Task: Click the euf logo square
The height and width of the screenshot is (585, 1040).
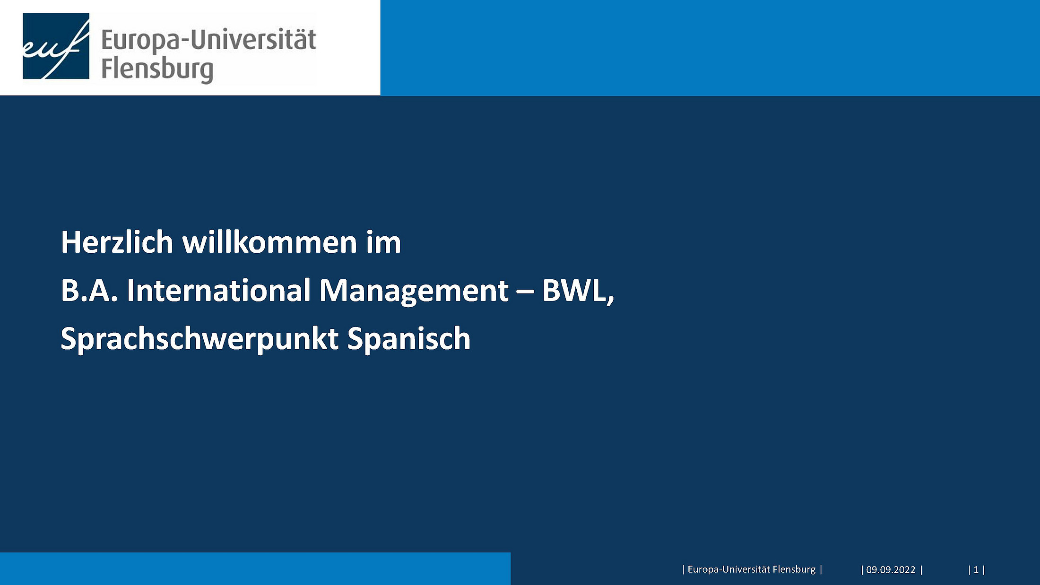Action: [56, 46]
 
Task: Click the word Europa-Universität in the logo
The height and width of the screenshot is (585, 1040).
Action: [208, 39]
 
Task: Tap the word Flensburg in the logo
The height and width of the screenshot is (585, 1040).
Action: [157, 69]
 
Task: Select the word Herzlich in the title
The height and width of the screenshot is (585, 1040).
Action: [117, 242]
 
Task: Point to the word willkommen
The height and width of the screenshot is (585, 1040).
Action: [269, 242]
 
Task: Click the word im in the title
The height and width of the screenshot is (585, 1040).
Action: [383, 242]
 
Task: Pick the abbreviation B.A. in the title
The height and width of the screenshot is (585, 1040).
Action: [89, 290]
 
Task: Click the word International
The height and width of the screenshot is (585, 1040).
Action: [218, 290]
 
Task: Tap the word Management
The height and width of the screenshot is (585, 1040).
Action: [414, 291]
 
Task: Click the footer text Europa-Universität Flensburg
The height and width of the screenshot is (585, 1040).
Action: [752, 569]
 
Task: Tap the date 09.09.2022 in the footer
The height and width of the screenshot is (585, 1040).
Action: [891, 570]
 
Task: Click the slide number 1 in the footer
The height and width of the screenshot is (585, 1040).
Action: [976, 570]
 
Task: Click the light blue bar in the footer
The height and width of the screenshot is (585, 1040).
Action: [255, 569]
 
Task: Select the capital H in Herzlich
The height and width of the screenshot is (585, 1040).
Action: [71, 242]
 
